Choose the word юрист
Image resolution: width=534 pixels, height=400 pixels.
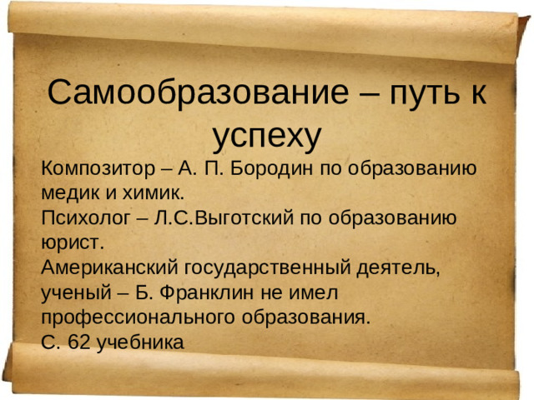point(70,244)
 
